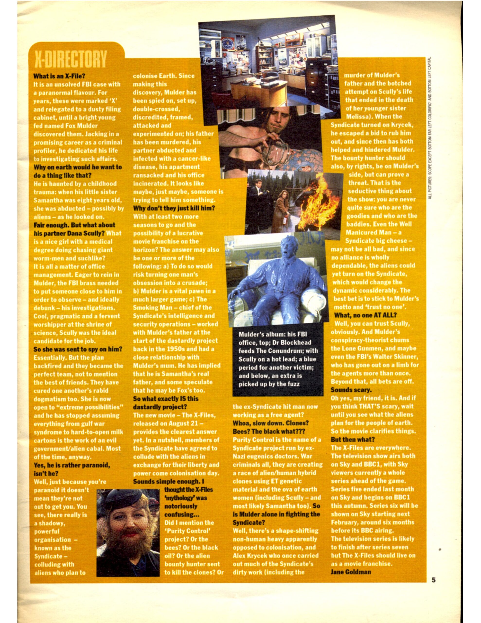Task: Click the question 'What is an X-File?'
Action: (x=60, y=76)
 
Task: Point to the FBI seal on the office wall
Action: (x=227, y=43)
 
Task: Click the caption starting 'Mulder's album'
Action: (x=278, y=359)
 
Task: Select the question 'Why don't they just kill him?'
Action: (x=174, y=208)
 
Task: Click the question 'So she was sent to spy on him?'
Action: (x=78, y=349)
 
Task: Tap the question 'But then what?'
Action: (x=353, y=439)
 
